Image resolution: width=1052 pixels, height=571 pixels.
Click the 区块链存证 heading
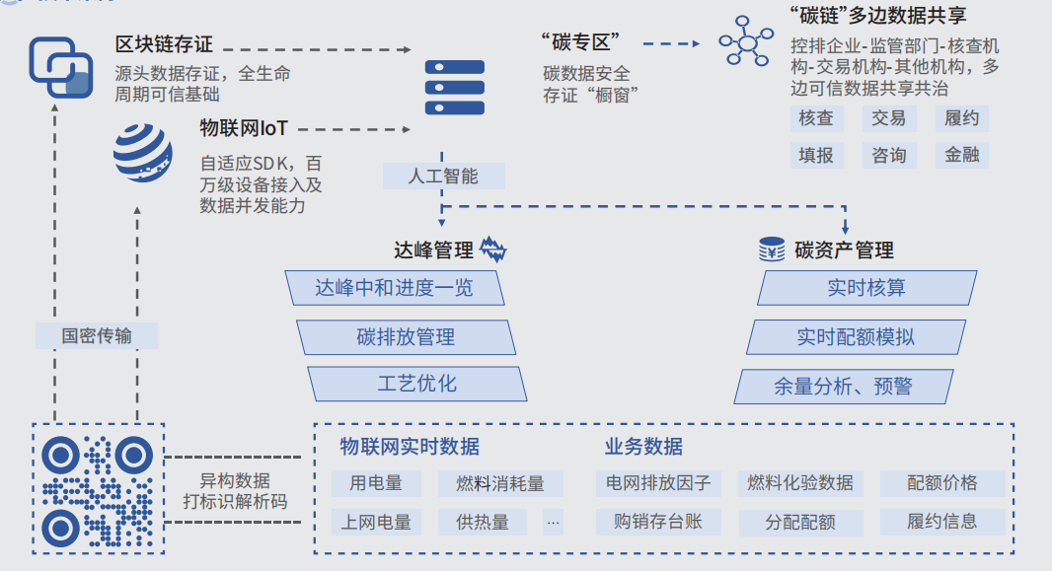164,45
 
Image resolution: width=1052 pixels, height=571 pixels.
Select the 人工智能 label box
444,177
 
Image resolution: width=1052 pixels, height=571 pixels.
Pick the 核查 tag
816,118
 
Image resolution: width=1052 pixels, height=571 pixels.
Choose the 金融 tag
961,155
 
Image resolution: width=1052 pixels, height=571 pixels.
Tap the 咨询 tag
888,155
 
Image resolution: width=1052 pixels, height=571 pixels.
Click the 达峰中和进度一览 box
395,288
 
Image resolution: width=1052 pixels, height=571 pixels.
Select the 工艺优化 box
416,384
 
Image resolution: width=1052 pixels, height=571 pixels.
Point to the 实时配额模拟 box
856,336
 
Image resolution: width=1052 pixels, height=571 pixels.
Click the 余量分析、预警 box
843,387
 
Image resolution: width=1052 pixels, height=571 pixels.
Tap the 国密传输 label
96,336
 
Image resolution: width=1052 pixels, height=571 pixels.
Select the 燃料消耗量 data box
500,483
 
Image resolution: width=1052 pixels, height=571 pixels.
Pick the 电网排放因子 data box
658,483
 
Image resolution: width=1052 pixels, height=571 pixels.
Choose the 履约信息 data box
941,522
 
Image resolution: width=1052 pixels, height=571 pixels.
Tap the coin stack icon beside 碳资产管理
772,250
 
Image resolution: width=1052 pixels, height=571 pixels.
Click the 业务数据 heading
643,447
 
